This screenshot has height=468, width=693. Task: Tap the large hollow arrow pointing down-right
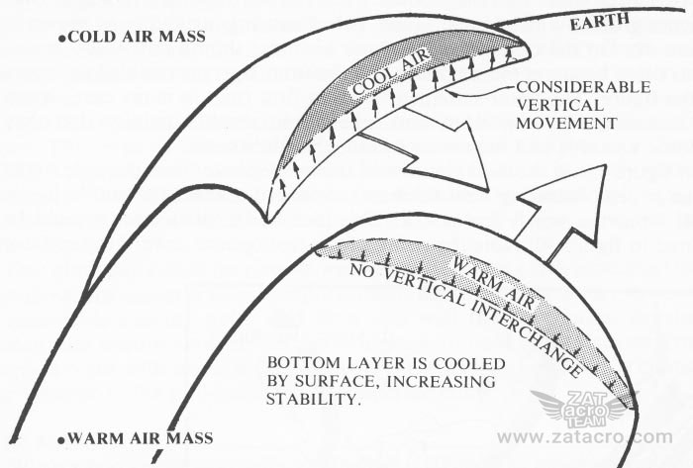click(x=436, y=148)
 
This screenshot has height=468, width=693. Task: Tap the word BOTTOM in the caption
click(x=296, y=364)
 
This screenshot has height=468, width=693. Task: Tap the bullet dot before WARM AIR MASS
click(x=61, y=436)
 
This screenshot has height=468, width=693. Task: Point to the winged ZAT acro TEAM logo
click(x=585, y=407)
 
